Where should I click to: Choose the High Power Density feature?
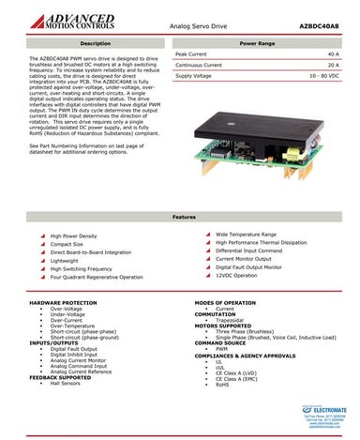click(78, 235)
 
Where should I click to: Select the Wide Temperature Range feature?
click(246, 234)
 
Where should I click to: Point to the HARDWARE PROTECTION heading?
click(64, 303)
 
